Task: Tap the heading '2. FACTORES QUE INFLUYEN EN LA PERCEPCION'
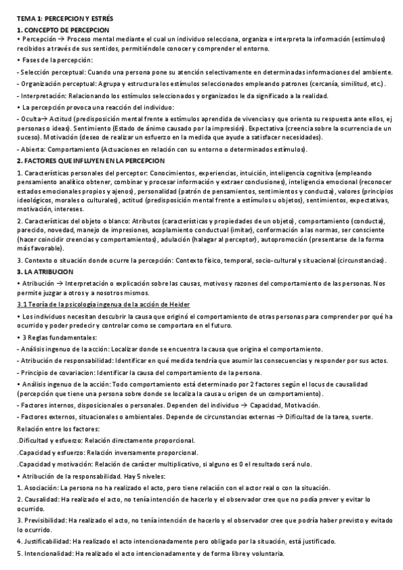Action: tap(90, 162)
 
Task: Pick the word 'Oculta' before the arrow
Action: tap(31, 118)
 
